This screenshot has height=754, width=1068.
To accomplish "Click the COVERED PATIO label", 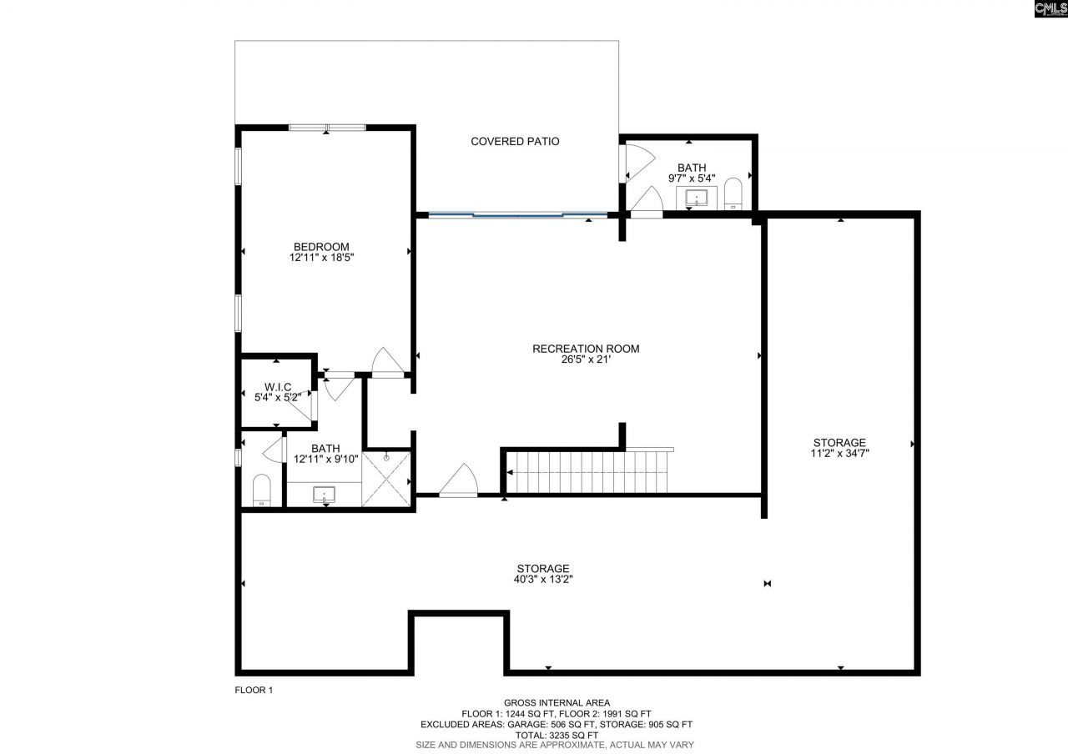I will pyautogui.click(x=515, y=141).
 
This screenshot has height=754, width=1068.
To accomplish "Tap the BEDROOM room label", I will pyautogui.click(x=321, y=246).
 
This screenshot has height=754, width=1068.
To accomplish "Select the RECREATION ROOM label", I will pyautogui.click(x=586, y=349).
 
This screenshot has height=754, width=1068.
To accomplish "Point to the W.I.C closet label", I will pyautogui.click(x=277, y=386).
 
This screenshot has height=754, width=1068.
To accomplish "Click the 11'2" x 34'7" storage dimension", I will pyautogui.click(x=839, y=454).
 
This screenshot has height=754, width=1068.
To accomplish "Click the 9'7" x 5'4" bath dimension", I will pyautogui.click(x=691, y=178).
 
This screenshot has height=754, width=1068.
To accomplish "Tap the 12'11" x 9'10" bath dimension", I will pyautogui.click(x=325, y=460).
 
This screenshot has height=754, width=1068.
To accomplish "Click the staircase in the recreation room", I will pyautogui.click(x=588, y=473).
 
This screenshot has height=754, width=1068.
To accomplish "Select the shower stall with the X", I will pyautogui.click(x=387, y=479).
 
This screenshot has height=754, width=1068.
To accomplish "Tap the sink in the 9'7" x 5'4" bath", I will pyautogui.click(x=697, y=199).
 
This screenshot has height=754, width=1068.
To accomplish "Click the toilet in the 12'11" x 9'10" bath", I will pyautogui.click(x=262, y=490).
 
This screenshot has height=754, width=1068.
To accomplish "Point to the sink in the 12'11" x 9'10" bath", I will pyautogui.click(x=324, y=495).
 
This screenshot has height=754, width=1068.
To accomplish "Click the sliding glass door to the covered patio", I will pyautogui.click(x=517, y=215).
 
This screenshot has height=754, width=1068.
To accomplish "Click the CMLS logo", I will pyautogui.click(x=1050, y=9).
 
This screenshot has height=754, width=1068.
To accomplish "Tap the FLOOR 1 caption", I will pyautogui.click(x=254, y=690).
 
